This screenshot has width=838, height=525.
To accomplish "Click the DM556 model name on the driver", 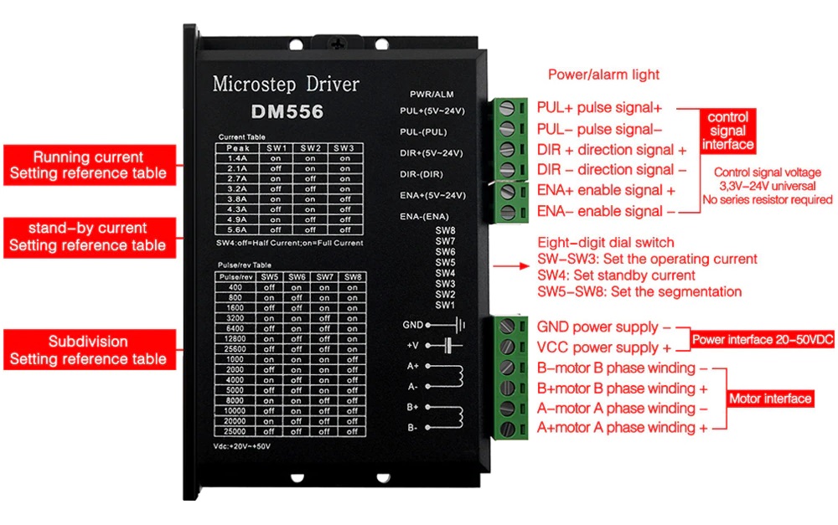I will (x=287, y=111).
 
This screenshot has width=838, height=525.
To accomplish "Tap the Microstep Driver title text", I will (x=286, y=85).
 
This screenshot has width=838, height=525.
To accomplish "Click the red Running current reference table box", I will (x=89, y=165).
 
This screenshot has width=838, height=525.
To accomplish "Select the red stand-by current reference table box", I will (x=89, y=237).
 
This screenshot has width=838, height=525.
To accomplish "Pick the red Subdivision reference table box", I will (x=89, y=350).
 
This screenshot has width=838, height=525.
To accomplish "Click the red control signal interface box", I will (x=727, y=131).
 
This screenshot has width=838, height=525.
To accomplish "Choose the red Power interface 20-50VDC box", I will (x=761, y=340).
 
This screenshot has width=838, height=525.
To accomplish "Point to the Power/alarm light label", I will (x=603, y=75).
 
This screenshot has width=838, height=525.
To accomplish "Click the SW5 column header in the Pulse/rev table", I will (x=269, y=277).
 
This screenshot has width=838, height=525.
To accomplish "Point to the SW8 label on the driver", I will (x=445, y=230).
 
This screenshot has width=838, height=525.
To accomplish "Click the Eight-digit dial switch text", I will (x=605, y=243).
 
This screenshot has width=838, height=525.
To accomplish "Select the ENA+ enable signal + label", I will (x=606, y=191).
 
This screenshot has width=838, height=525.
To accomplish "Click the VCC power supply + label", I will (x=603, y=347).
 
